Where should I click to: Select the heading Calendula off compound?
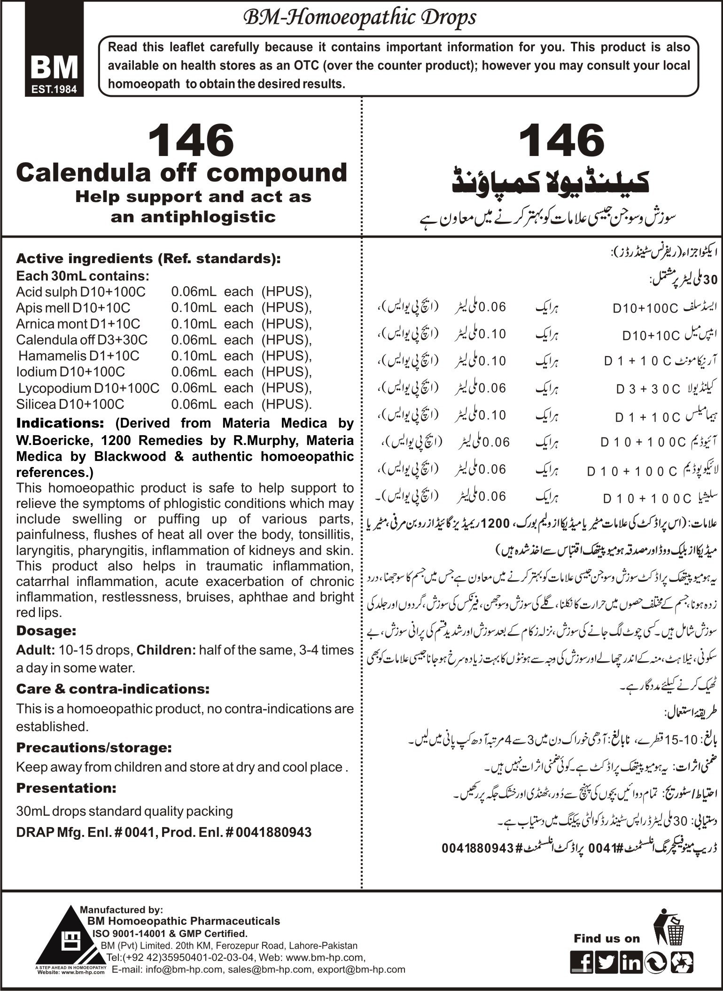point(181,173)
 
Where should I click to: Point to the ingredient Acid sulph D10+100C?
point(81,292)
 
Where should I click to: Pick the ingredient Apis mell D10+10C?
point(73,308)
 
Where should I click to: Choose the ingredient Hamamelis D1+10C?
point(79,356)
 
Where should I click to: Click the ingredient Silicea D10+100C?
point(70,404)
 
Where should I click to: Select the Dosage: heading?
point(46,631)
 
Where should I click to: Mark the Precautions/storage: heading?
point(93,747)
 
